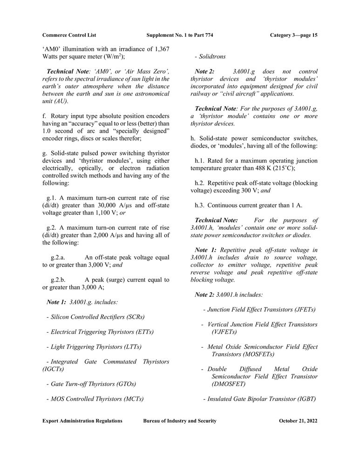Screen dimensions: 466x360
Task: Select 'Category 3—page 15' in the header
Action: pos(293,35)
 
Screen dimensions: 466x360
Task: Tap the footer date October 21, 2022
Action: pos(298,421)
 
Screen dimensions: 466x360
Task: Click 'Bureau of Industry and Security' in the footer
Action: pos(180,421)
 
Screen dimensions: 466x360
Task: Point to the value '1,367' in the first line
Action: pos(161,49)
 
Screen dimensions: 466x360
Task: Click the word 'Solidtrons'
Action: pos(212,56)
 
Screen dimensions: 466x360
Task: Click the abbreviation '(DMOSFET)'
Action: pos(229,384)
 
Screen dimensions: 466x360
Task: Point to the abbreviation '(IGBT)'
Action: pos(306,399)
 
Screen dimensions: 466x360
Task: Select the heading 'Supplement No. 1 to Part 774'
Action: pos(179,35)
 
